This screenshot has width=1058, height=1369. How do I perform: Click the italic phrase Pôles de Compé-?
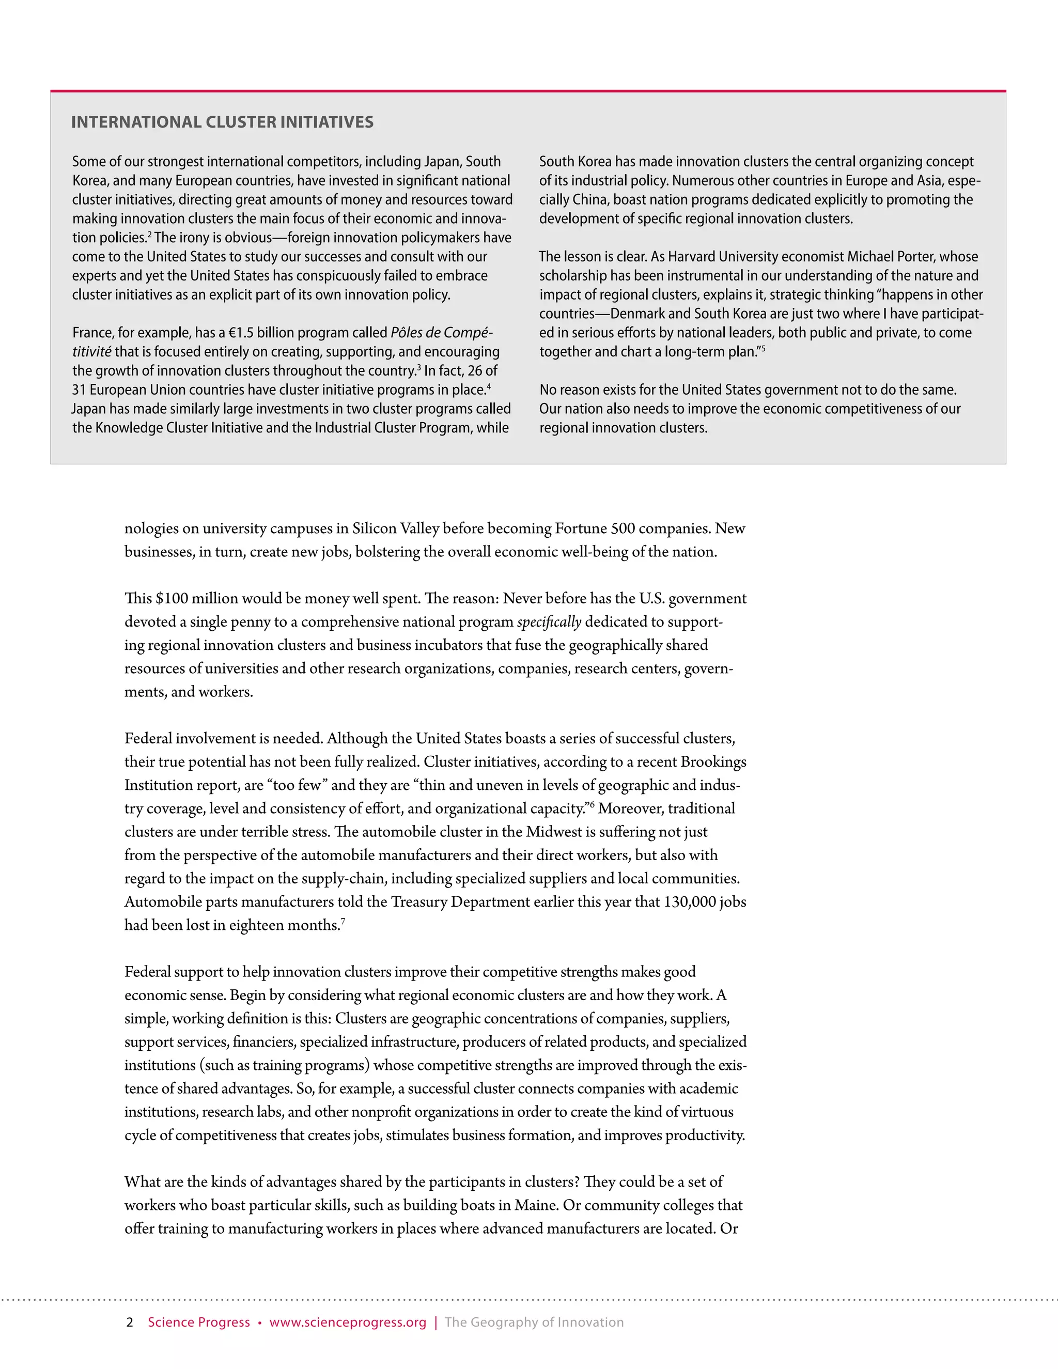coord(441,333)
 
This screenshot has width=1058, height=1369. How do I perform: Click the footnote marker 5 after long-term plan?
coord(763,348)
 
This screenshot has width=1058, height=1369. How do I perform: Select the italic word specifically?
coord(549,622)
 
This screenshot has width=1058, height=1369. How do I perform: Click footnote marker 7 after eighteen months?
coord(343,921)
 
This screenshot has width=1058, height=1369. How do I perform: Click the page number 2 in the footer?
coord(130,1323)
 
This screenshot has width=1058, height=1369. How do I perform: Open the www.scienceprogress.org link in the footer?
coord(348,1323)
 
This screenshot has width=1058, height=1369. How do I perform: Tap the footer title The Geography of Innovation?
coord(534,1323)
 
